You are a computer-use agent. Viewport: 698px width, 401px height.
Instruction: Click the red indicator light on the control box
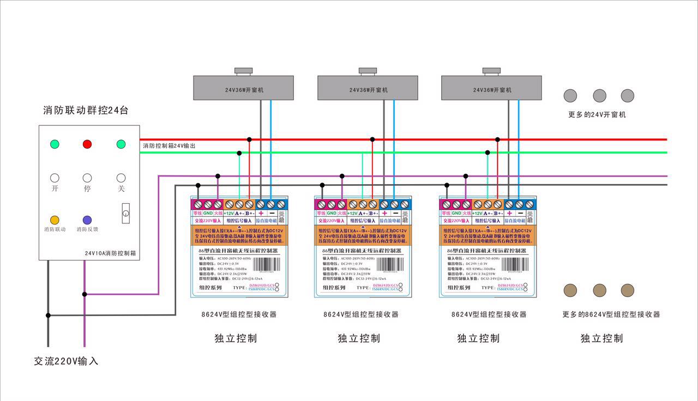coord(87,144)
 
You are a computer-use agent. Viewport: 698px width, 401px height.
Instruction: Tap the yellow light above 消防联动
coord(55,220)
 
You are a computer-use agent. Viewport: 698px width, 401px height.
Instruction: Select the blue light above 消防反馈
coord(87,220)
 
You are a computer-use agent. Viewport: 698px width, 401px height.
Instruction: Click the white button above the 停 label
coord(87,178)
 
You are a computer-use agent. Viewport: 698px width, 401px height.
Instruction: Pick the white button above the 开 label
coord(55,178)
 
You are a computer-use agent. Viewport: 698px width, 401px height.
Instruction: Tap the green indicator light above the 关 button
coord(121,144)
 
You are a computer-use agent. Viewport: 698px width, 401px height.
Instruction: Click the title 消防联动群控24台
coord(86,111)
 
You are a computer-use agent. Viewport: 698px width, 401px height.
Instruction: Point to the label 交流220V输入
coord(66,361)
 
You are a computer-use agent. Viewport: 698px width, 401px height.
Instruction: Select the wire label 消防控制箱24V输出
coord(169,146)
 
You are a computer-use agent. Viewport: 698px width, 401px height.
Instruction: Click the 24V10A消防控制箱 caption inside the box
coord(110,253)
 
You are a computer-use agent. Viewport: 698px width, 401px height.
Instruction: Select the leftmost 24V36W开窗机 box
coord(244,88)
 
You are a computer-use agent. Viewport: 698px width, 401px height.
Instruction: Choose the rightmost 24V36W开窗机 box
coord(491,88)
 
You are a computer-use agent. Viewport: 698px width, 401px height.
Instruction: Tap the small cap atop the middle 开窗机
coord(368,71)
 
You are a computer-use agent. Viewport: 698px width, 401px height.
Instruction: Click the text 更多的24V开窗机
coord(597,115)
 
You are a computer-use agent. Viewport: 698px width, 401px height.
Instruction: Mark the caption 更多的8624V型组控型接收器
coord(611,314)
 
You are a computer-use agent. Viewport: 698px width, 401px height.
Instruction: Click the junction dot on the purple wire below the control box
coord(85,294)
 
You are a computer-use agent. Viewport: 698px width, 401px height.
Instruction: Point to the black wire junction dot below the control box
coord(48,315)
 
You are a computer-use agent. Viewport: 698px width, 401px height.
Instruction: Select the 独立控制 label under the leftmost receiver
coord(236,338)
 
